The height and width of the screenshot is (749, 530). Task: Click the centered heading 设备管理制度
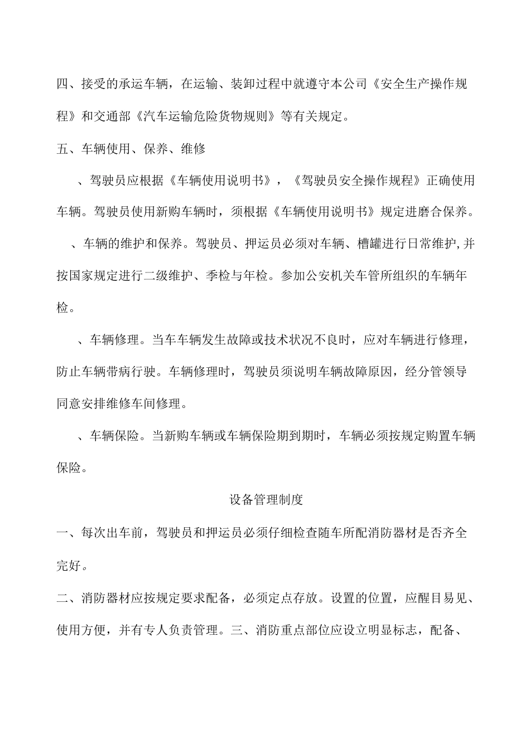point(266,499)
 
